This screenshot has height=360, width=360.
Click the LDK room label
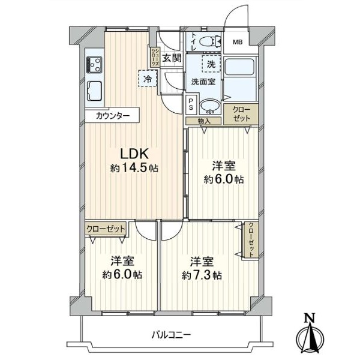click(134, 154)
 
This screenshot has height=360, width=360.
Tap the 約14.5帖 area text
click(134, 169)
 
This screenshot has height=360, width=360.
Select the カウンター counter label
click(113, 116)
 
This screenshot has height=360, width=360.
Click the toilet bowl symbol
click(210, 42)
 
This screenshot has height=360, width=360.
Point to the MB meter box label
click(238, 42)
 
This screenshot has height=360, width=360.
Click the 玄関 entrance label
click(172, 58)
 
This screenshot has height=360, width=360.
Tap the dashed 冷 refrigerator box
click(148, 79)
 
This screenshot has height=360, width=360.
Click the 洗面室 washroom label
click(203, 82)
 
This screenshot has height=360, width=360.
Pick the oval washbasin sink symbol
click(210, 106)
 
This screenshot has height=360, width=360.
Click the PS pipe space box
click(191, 104)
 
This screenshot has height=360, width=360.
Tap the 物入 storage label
click(204, 121)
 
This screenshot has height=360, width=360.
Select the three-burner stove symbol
click(94, 65)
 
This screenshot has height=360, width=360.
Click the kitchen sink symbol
click(94, 91)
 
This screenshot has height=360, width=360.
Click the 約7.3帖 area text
click(202, 275)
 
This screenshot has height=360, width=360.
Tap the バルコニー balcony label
click(171, 335)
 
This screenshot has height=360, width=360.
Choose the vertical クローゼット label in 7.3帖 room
click(251, 240)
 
